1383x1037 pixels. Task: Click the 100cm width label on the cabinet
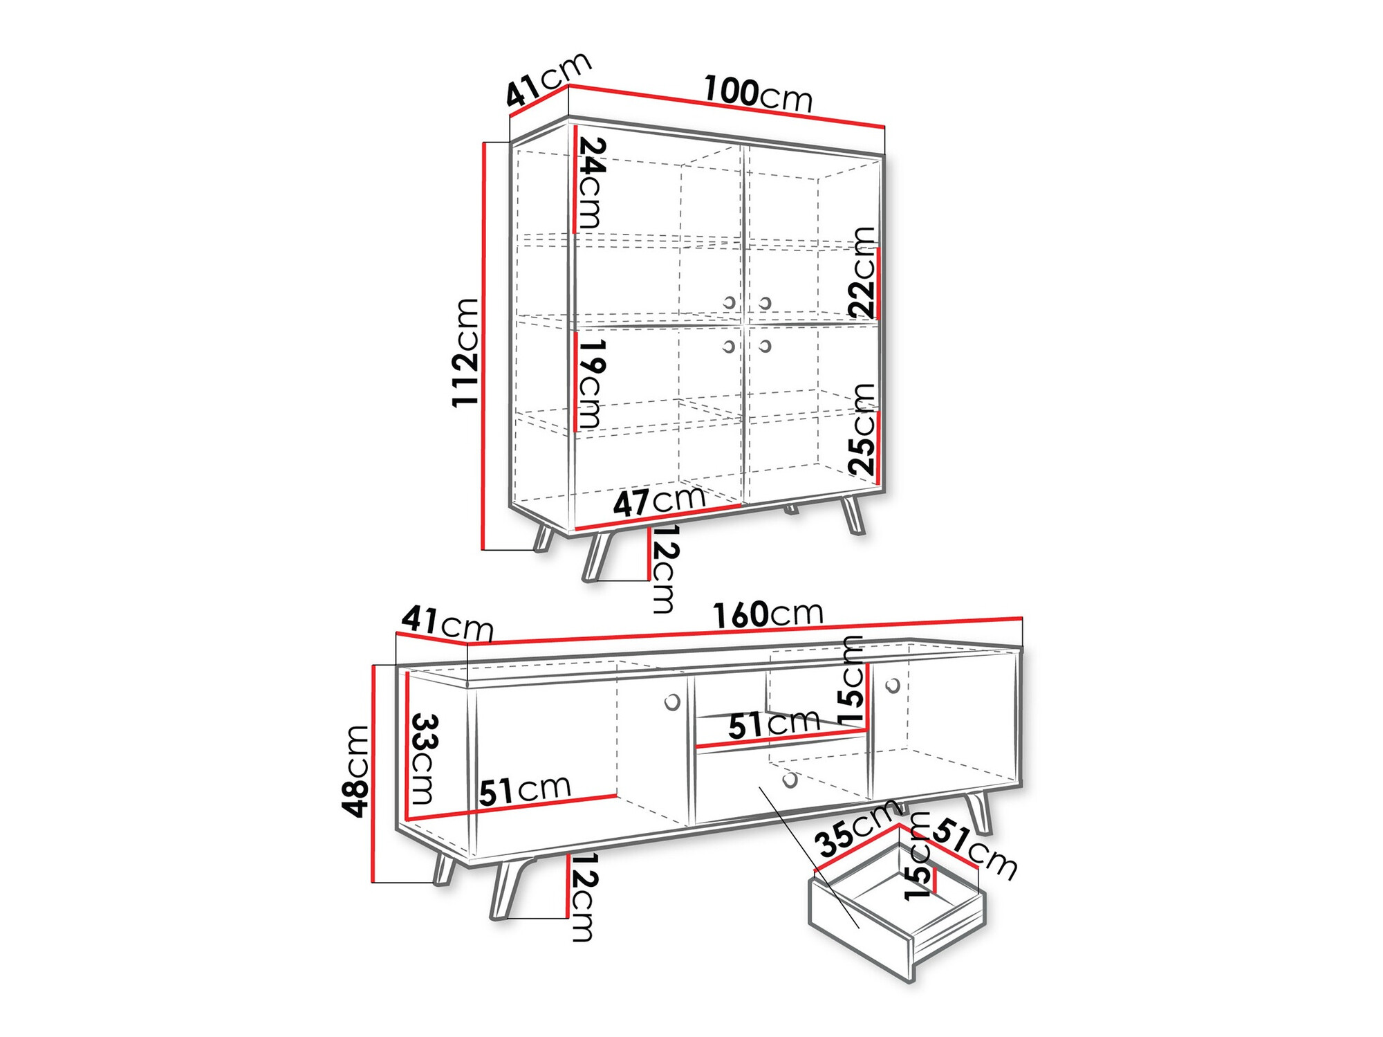click(758, 94)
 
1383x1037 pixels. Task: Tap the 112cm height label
click(465, 353)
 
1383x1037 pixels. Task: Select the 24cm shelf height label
click(591, 183)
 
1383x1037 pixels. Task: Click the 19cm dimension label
click(591, 383)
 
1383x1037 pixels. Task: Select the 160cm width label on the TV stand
click(768, 614)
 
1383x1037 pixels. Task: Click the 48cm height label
click(356, 771)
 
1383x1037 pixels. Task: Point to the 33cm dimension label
click(424, 759)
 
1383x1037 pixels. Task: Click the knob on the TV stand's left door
click(671, 703)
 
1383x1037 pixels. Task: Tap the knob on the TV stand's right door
click(893, 686)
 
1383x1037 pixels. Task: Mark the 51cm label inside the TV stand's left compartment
click(525, 790)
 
